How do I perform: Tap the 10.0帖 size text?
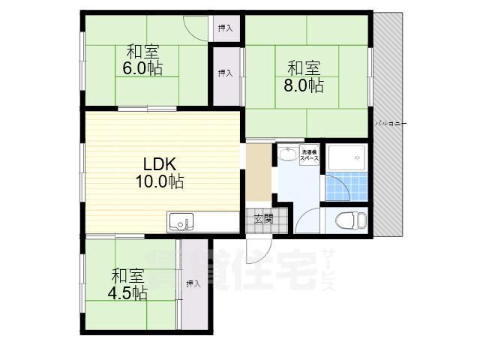click(x=159, y=181)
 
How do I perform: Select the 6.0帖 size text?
click(x=142, y=68)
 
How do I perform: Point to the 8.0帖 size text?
click(x=304, y=85)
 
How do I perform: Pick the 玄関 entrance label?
click(x=263, y=220)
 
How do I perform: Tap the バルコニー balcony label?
click(x=391, y=121)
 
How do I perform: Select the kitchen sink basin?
click(x=179, y=222)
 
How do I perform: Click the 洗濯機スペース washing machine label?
click(x=310, y=155)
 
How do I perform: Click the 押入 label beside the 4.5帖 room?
click(x=193, y=283)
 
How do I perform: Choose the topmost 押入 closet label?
click(x=225, y=28)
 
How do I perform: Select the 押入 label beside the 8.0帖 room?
click(x=225, y=73)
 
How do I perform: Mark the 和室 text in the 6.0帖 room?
click(x=142, y=52)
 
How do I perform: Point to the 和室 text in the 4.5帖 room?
click(x=129, y=274)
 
